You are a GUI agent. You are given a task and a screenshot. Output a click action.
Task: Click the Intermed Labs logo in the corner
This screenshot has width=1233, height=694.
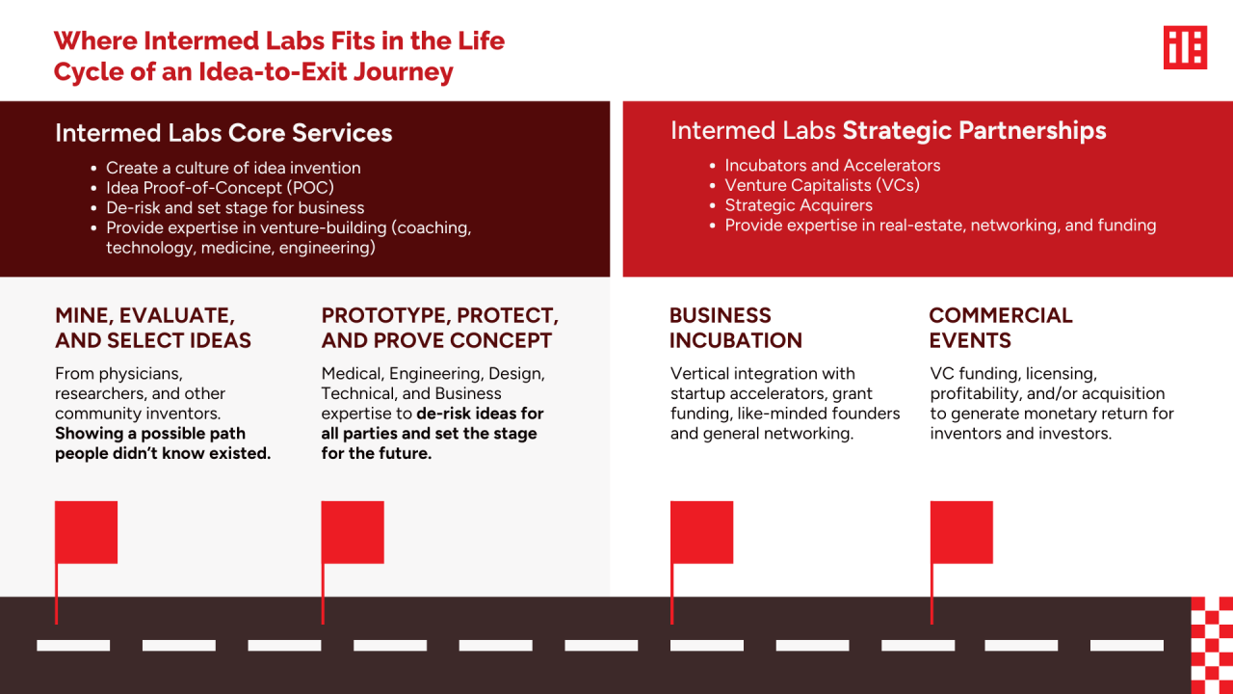[x=1185, y=47]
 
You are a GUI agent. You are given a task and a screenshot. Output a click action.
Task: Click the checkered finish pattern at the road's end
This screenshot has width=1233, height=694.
[x=1212, y=645]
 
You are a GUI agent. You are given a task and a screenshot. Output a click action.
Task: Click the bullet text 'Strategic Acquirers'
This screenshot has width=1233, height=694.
[x=799, y=205]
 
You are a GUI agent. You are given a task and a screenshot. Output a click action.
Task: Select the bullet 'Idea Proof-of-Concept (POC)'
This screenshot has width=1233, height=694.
[x=221, y=188]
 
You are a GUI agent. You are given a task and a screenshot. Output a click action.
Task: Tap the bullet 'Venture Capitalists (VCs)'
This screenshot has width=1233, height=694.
[x=822, y=185]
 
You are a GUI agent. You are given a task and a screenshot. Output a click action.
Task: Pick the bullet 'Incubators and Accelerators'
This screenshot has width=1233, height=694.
[x=832, y=165]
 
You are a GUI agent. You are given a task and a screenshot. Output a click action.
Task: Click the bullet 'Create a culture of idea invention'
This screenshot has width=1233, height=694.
[x=233, y=168]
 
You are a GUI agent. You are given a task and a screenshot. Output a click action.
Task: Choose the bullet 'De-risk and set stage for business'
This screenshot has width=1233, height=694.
[x=235, y=207]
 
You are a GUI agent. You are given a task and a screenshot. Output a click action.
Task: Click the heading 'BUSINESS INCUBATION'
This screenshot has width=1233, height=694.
[x=735, y=328]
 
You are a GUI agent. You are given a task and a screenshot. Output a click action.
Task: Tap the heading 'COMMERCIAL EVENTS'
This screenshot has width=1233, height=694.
[x=1001, y=328]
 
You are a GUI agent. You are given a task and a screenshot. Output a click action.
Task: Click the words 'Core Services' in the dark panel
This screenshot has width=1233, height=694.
[x=310, y=133]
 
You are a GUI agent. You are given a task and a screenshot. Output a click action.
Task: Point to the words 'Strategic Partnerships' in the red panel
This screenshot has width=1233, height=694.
[x=974, y=131]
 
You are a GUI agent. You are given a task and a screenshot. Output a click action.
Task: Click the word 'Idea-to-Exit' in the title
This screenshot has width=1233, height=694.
[x=272, y=71]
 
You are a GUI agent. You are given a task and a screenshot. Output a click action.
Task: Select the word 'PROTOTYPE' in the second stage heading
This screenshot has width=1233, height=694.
[x=385, y=315]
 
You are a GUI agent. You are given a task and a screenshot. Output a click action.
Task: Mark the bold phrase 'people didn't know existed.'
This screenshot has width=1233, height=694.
[x=163, y=453]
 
